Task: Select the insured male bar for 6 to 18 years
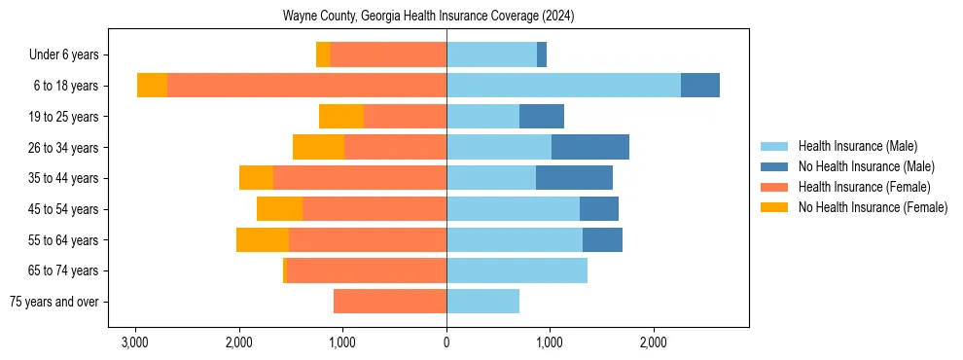pyautogui.click(x=563, y=86)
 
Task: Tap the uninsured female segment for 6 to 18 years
pyautogui.click(x=152, y=86)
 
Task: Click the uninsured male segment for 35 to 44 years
pyautogui.click(x=574, y=178)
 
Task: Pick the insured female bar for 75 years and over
pyautogui.click(x=390, y=302)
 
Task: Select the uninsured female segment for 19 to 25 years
pyautogui.click(x=341, y=117)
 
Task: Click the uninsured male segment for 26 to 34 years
pyautogui.click(x=590, y=147)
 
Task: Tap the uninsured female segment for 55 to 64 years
pyautogui.click(x=263, y=239)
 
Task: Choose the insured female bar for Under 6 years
pyautogui.click(x=388, y=54)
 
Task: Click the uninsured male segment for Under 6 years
pyautogui.click(x=542, y=54)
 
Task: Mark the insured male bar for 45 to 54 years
pyautogui.click(x=513, y=209)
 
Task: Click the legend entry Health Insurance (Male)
pyautogui.click(x=857, y=146)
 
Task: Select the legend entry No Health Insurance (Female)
pyautogui.click(x=873, y=207)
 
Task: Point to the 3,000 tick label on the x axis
pyautogui.click(x=135, y=342)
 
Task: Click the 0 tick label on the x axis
pyautogui.click(x=446, y=342)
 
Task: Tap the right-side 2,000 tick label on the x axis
pyautogui.click(x=654, y=342)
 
